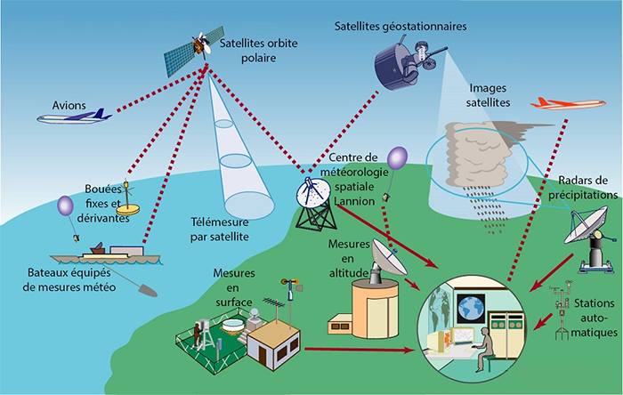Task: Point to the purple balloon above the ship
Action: coord(66,207)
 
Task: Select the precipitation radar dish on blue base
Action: coord(588,233)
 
